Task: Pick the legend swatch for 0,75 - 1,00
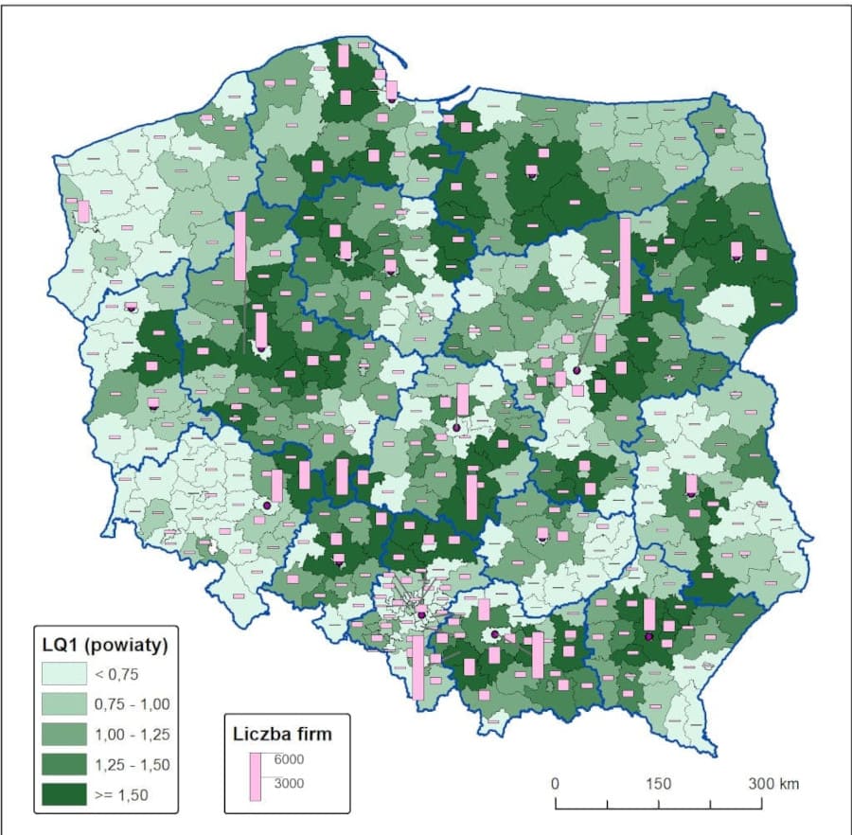63,704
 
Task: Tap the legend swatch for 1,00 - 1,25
63,735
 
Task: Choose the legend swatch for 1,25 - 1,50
63,765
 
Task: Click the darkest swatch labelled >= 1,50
63,795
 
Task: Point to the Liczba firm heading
282,732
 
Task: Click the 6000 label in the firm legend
290,759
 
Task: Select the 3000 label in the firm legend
290,782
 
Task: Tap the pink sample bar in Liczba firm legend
255,776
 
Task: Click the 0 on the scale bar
555,784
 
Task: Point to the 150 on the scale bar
658,784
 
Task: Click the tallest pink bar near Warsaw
625,265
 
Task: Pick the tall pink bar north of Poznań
240,246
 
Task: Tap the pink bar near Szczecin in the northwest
83,211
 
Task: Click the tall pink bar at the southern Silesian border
417,666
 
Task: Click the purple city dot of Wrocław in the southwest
267,506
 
